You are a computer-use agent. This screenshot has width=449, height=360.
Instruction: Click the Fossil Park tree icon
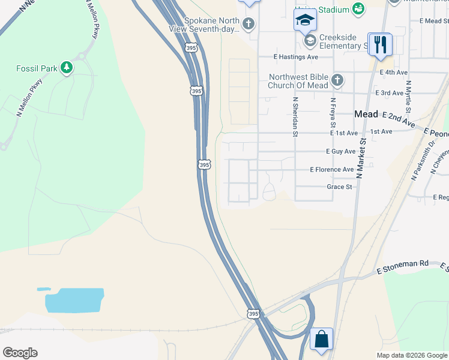pos(67,68)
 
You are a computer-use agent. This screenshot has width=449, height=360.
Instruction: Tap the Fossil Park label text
pos(37,68)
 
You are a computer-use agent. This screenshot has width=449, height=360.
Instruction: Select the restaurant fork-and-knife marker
pos(381,44)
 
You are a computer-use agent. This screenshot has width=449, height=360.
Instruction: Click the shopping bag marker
pos(321,339)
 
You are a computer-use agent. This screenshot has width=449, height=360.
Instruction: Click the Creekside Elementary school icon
pos(310,41)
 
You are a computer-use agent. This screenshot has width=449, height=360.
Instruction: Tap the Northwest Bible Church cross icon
pos(337,80)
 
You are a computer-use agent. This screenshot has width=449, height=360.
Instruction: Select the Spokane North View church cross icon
pos(249,24)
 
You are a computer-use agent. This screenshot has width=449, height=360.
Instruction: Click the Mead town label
pos(366,114)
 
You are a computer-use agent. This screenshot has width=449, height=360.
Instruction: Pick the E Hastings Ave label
pos(295,57)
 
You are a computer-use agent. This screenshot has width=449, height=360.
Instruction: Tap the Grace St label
pos(339,187)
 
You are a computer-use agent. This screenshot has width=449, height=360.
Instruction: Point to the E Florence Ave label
pos(332,170)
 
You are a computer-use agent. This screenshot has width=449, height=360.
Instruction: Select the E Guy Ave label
pos(340,152)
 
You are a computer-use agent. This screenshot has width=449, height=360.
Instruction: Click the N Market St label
pos(361,157)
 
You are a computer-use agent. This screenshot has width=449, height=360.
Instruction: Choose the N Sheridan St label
pos(295,117)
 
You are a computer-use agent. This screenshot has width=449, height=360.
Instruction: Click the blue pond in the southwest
pos(74,300)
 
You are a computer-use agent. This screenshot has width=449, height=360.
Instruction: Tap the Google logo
pos(20,353)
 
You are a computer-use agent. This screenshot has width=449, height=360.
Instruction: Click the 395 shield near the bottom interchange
pos(253,313)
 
